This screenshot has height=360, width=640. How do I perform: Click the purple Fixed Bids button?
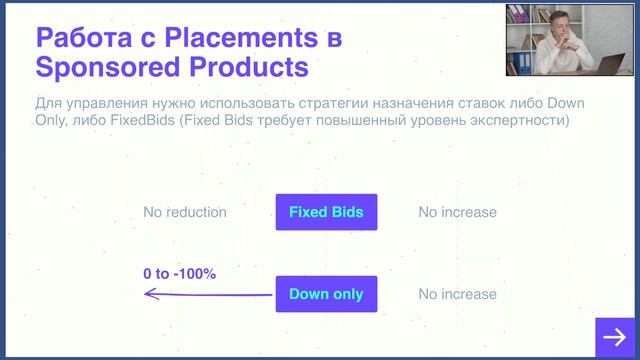[326, 212]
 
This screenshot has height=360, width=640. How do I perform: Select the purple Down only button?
[326, 294]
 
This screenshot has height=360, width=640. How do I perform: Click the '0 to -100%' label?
[180, 273]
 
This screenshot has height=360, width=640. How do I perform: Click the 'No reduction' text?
[185, 212]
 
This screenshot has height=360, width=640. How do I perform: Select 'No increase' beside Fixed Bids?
[457, 212]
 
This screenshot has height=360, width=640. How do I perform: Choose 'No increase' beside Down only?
[457, 294]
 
